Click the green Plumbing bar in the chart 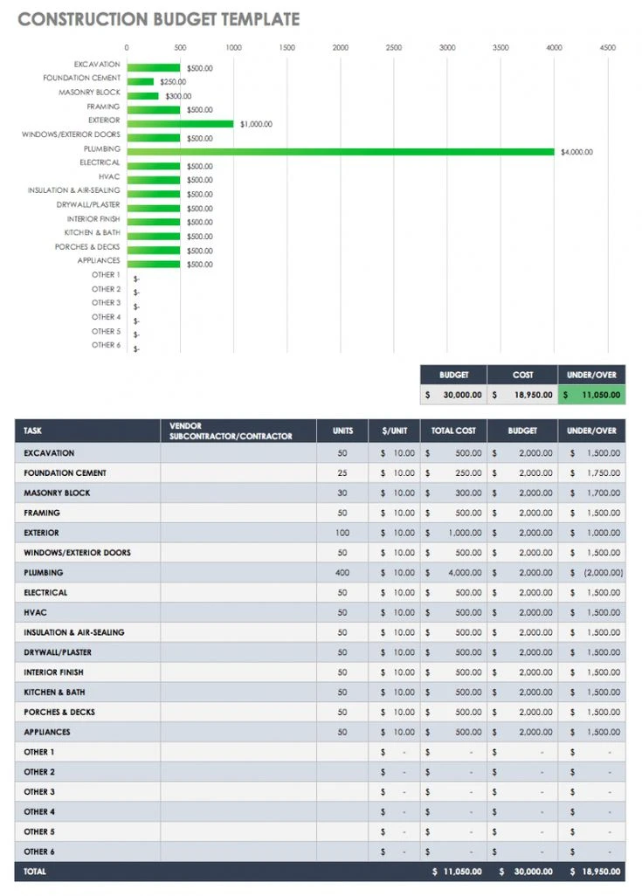point(341,152)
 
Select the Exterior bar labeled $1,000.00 point(180,124)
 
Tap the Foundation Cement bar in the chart point(140,82)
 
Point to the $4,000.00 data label point(576,152)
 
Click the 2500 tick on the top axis point(394,48)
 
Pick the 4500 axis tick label point(607,48)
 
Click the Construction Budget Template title point(158,19)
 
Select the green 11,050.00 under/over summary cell point(592,395)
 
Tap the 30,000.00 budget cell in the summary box point(453,395)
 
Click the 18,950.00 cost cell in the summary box point(522,395)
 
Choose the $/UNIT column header point(394,431)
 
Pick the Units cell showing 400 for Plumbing point(342,573)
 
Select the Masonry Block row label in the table point(57,493)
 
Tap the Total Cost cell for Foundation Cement point(453,473)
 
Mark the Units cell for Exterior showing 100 point(342,533)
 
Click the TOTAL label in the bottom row point(35,872)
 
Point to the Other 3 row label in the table point(39,792)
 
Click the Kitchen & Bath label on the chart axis point(92,233)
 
